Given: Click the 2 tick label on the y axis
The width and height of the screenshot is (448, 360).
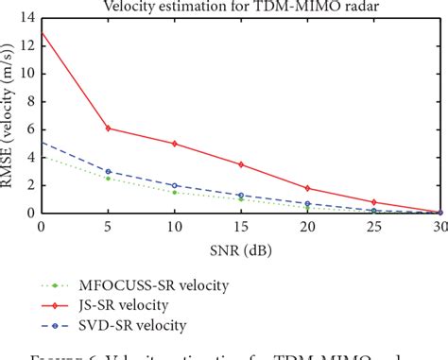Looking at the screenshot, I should pyautogui.click(x=29, y=185).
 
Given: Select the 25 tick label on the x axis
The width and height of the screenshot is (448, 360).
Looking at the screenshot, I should pyautogui.click(x=375, y=227).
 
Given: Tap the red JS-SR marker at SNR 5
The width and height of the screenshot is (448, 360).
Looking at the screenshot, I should pyautogui.click(x=108, y=128).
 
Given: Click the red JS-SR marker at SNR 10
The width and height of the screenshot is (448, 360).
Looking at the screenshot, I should pyautogui.click(x=175, y=144).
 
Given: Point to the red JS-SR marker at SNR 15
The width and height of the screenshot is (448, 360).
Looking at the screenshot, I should pyautogui.click(x=242, y=164).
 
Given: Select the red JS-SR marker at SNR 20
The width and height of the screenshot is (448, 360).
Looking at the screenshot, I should pyautogui.click(x=308, y=188).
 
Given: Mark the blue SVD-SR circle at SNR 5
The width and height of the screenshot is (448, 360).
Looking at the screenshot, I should pyautogui.click(x=108, y=171).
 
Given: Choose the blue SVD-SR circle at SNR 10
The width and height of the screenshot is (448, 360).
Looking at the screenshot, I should pyautogui.click(x=175, y=185).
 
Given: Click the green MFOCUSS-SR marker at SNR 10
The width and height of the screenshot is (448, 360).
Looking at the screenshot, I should pyautogui.click(x=175, y=192).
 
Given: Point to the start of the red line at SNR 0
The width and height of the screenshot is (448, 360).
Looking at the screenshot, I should pyautogui.click(x=42, y=32).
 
